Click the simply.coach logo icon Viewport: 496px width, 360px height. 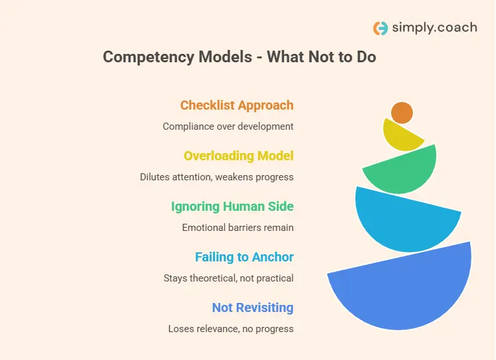point(381,28)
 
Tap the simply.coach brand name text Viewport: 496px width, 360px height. point(434,28)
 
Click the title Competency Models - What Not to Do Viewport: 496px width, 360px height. point(239,57)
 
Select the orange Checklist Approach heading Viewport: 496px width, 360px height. point(237,105)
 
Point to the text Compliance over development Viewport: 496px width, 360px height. point(228,126)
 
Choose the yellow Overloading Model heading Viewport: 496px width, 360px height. point(239,156)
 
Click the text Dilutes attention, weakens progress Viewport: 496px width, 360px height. point(217,177)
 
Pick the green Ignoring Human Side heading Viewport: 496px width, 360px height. point(232,206)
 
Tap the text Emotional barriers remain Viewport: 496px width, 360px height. point(237,228)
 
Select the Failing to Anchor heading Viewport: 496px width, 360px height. point(244,257)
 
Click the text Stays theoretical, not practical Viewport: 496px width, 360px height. point(228,278)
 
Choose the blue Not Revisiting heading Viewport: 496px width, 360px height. point(252,307)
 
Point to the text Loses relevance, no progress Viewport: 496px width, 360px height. point(230,329)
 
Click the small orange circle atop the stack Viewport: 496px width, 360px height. point(402,113)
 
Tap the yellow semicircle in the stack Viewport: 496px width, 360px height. point(401,137)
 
